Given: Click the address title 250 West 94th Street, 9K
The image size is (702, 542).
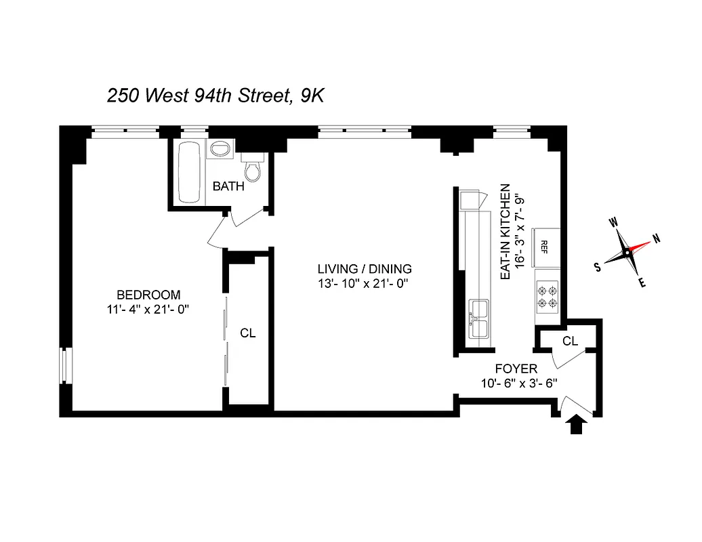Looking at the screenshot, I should (x=215, y=96).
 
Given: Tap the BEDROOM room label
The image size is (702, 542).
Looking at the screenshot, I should (x=148, y=295).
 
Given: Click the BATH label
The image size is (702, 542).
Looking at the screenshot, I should (x=228, y=186).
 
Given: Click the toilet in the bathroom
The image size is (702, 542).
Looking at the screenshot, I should (x=252, y=169).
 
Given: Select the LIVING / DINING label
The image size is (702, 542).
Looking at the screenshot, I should (x=365, y=268).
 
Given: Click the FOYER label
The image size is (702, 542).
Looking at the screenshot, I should (x=516, y=369).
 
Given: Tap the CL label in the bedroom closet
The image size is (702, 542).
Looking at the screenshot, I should (x=248, y=333).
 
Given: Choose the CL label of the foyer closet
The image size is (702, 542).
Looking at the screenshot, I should (x=570, y=341).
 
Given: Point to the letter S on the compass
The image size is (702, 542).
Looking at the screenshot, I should (x=598, y=267).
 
